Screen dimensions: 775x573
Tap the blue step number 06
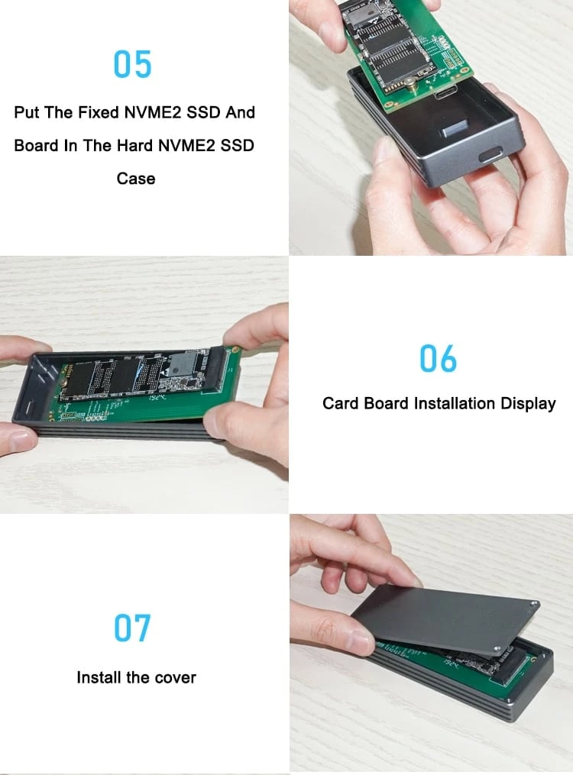pyautogui.click(x=439, y=359)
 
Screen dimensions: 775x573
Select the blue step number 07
pyautogui.click(x=133, y=628)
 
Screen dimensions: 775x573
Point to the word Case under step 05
pyautogui.click(x=136, y=179)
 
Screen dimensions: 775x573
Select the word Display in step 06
pyautogui.click(x=528, y=403)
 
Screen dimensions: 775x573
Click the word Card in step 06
pyautogui.click(x=340, y=403)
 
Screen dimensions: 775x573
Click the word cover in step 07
pyautogui.click(x=176, y=677)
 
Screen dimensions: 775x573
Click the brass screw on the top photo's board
pyautogui.click(x=410, y=82)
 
